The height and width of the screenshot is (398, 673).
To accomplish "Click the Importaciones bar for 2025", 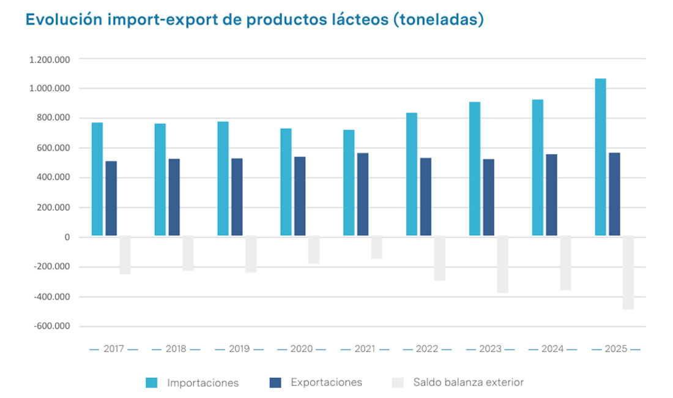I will [x=600, y=157].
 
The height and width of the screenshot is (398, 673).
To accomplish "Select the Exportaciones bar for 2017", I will [x=111, y=198].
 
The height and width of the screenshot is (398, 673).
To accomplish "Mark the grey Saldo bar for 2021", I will [x=376, y=247].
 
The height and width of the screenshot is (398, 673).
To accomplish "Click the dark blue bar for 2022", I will [x=425, y=197].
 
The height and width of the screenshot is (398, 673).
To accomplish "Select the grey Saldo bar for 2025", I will [x=628, y=272].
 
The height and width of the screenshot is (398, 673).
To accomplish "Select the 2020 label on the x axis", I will [x=302, y=349].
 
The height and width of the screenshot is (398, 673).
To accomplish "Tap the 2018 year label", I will [x=176, y=349].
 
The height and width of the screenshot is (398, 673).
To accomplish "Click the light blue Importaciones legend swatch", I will [x=152, y=383].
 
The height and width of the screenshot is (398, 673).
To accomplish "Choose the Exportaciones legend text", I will [x=326, y=383].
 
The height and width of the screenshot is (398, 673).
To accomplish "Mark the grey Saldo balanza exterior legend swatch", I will [x=398, y=383].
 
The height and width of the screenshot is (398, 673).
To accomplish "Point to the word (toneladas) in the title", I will [x=439, y=20].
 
